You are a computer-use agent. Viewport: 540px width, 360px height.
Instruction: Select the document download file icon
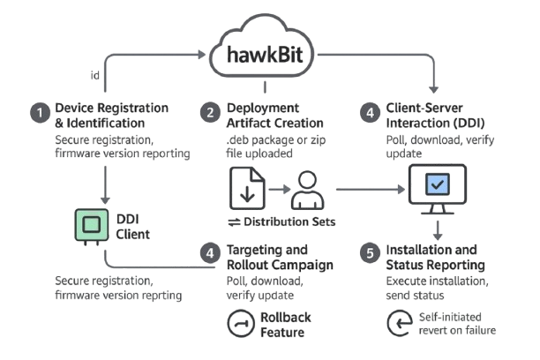247,187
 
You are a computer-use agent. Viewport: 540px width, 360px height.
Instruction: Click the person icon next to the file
306,188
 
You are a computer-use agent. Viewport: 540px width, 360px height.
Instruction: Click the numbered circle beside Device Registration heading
39,112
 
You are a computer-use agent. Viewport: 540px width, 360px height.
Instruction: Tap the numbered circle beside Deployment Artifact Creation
210,112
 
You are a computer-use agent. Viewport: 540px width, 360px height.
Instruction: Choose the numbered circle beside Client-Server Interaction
370,112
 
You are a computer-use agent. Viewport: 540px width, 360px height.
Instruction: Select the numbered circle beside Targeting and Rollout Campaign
209,253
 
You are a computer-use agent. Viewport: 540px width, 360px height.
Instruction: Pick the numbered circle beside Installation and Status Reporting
370,253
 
